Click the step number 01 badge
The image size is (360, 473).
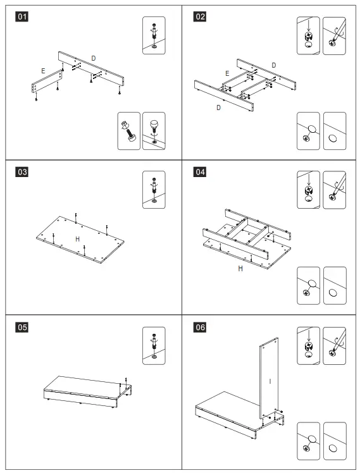pyautogui.click(x=22, y=16)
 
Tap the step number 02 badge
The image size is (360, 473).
pyautogui.click(x=200, y=16)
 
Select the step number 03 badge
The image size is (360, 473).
pyautogui.click(x=22, y=172)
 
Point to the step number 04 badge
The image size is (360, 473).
pyautogui.click(x=200, y=172)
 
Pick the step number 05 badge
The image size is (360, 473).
pyautogui.click(x=22, y=328)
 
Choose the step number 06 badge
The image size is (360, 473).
pyautogui.click(x=200, y=328)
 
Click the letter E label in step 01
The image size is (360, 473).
pyautogui.click(x=43, y=71)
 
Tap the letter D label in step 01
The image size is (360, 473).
pyautogui.click(x=94, y=58)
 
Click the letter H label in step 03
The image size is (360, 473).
pyautogui.click(x=78, y=239)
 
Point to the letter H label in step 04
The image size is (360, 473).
pyautogui.click(x=240, y=269)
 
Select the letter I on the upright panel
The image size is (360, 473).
pyautogui.click(x=270, y=381)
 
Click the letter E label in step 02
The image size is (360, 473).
pyautogui.click(x=227, y=73)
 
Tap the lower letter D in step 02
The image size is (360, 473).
pyautogui.click(x=219, y=107)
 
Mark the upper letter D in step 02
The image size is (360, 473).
pyautogui.click(x=274, y=65)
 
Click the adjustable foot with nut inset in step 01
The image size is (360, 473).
pyautogui.click(x=129, y=131)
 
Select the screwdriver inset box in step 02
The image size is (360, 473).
pyautogui.click(x=334, y=35)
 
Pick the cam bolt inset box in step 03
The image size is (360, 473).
pyautogui.click(x=154, y=190)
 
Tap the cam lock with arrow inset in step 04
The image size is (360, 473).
pyautogui.click(x=308, y=190)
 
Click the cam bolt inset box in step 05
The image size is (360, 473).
pyautogui.click(x=154, y=346)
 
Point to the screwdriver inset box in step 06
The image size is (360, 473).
pyautogui.click(x=334, y=346)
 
